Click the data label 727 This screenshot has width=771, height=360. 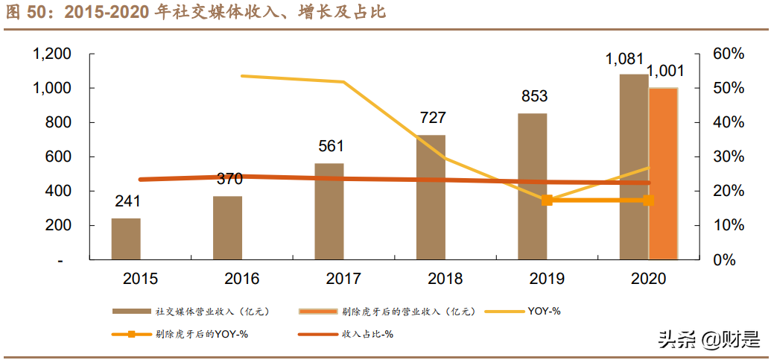point(433,118)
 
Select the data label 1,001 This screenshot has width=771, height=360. point(665,72)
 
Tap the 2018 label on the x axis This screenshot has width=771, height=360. point(445,280)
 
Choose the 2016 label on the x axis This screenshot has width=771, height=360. point(241,280)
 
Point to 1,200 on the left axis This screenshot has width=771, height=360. point(51,54)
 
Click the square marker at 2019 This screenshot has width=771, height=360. point(547,200)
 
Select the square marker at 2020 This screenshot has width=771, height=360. point(648,200)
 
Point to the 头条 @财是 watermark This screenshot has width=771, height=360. point(707,340)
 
